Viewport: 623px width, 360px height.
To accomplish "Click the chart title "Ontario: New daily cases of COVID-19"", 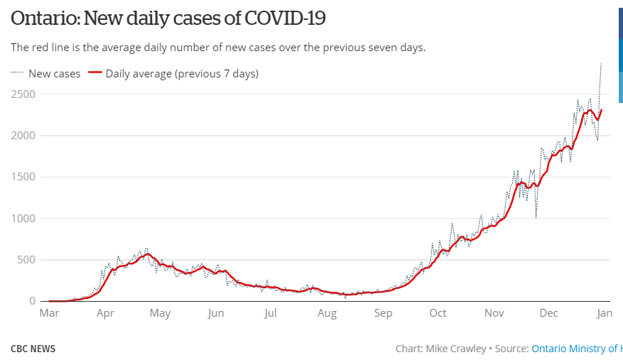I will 168,18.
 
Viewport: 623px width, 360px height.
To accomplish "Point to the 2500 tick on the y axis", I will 23,94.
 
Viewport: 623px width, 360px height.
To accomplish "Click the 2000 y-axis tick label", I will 23,136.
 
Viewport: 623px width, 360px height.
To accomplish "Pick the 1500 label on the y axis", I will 24,177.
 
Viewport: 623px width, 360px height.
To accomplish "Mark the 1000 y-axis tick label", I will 24,219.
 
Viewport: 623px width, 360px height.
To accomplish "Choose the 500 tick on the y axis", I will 27,260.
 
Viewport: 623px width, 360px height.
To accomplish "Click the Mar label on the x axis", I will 49,313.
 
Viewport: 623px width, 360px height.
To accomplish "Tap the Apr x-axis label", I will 105,313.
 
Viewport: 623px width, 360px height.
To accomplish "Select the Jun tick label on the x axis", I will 216,313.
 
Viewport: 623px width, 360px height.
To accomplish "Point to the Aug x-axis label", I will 327,313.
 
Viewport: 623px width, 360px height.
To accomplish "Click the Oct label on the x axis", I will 438,313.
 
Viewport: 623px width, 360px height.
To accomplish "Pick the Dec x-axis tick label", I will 548,313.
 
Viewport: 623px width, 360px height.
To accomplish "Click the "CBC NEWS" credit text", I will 33,349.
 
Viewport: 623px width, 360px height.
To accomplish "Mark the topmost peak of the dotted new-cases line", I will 602,64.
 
